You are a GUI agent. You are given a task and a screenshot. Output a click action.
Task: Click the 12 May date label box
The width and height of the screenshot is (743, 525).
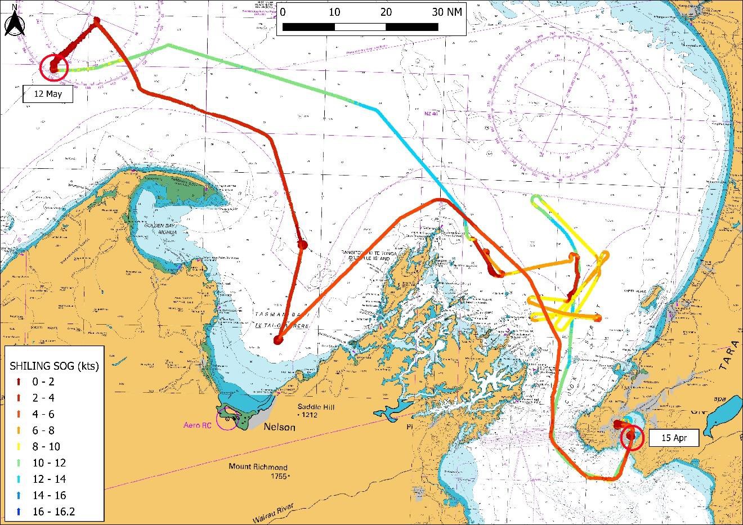pos(48,94)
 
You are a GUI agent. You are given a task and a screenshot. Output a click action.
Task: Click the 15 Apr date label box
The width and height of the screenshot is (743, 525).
pos(673,437)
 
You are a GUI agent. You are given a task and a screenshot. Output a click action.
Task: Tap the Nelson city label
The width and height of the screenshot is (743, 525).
pos(279,427)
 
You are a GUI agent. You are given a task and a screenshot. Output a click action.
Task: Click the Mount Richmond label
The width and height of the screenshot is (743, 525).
pos(258,467)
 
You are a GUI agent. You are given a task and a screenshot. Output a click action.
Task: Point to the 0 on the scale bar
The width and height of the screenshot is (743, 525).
pos(283,12)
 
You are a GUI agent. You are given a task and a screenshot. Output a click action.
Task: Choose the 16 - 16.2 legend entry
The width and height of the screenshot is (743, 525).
pos(53,511)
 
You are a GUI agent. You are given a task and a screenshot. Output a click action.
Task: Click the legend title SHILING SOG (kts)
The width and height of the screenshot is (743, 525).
pos(55,366)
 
